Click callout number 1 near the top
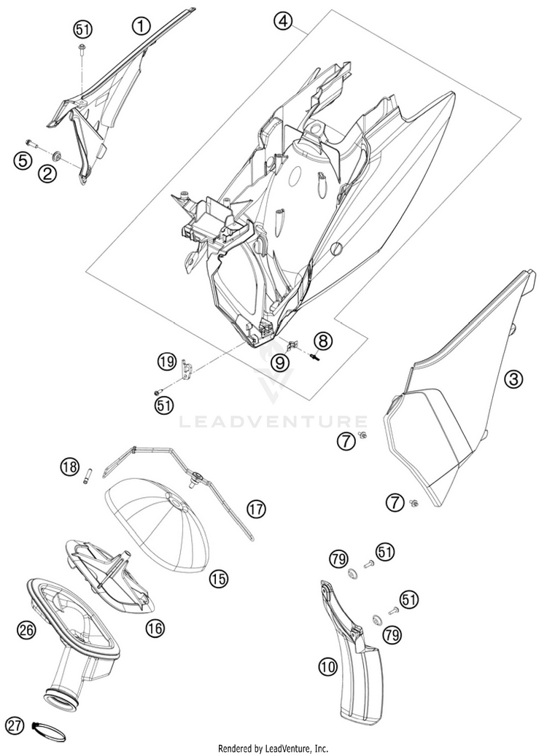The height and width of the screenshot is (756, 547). pyautogui.click(x=141, y=27)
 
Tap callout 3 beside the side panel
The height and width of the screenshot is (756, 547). pyautogui.click(x=514, y=378)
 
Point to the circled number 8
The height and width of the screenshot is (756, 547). pyautogui.click(x=323, y=340)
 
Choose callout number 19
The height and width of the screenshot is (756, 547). pyautogui.click(x=167, y=361)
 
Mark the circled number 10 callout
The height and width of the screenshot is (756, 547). pyautogui.click(x=328, y=666)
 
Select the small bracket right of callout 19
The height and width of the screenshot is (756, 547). pyautogui.click(x=188, y=367)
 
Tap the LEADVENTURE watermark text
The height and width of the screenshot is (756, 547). pyautogui.click(x=273, y=421)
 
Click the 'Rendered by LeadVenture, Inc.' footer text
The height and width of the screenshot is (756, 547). pyautogui.click(x=273, y=749)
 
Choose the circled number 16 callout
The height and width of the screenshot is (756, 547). pyautogui.click(x=154, y=627)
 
